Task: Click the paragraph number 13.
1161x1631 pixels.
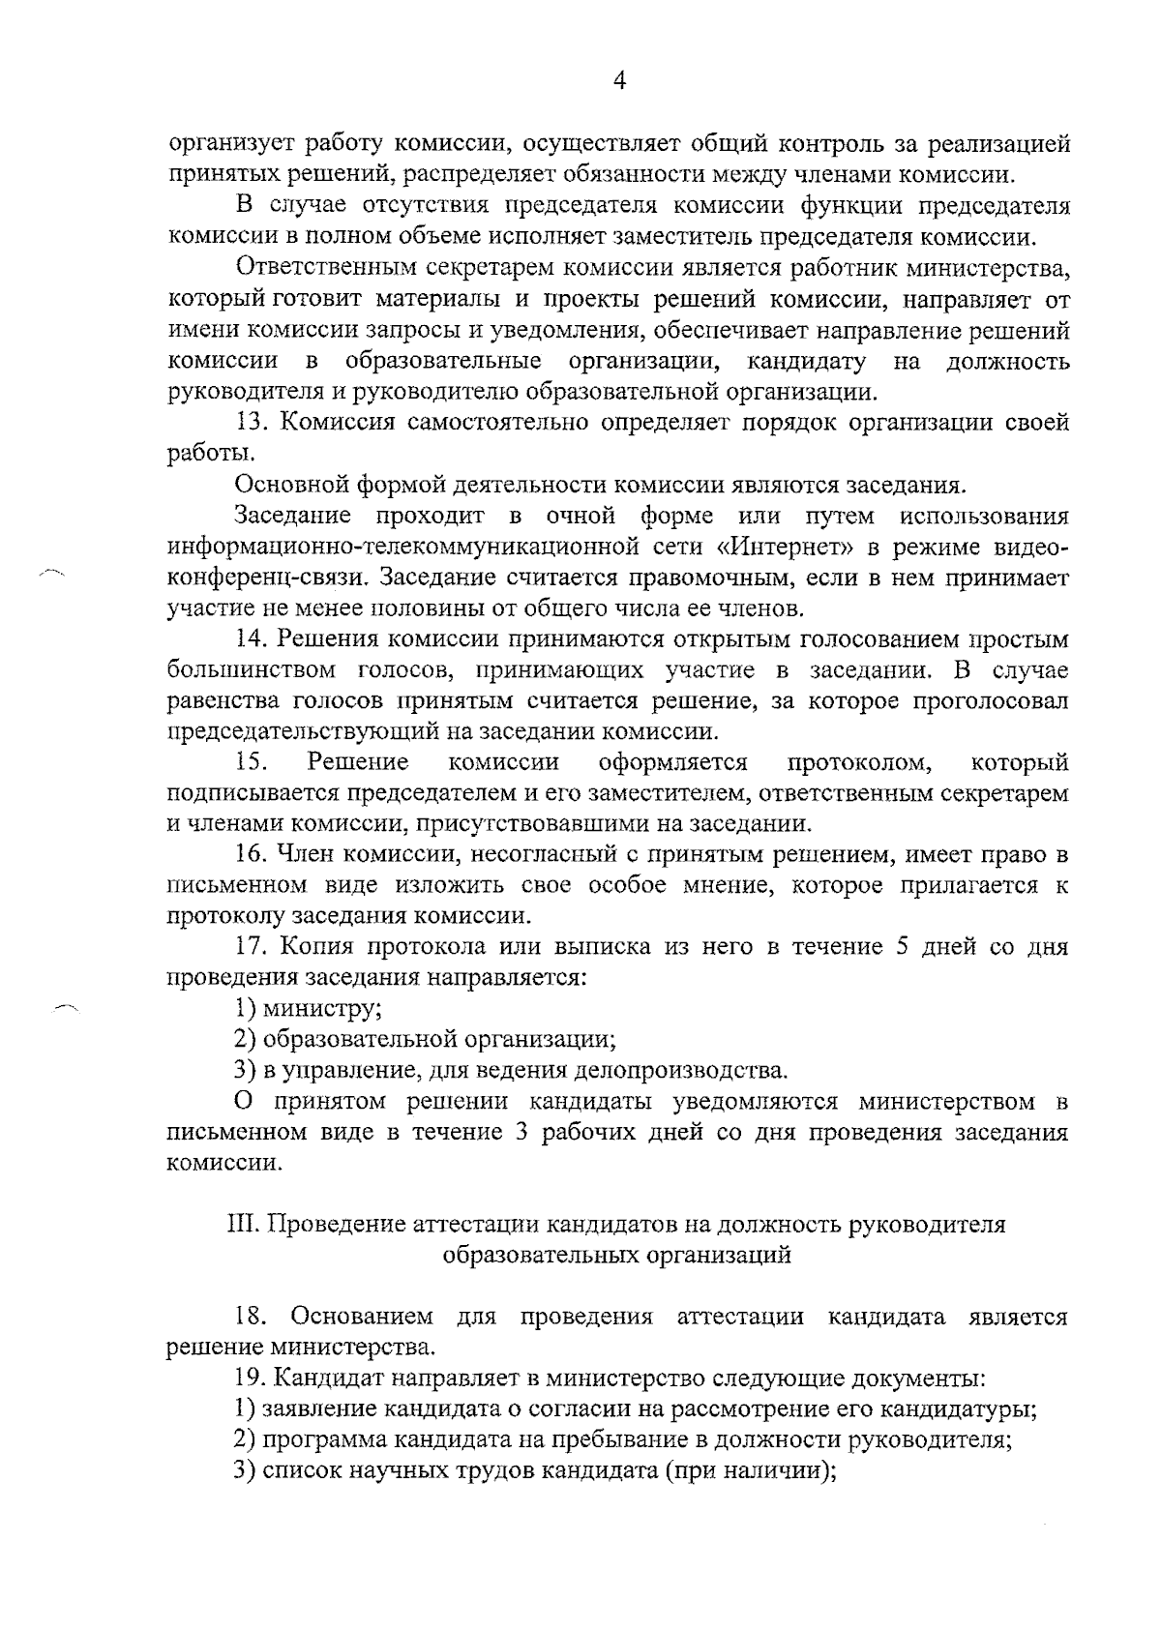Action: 251,423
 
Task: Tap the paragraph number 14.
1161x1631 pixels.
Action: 251,639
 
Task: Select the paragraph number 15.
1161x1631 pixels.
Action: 251,763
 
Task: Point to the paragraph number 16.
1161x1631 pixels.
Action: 251,855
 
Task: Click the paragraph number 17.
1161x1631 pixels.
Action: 251,947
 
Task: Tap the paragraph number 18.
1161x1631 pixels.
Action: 253,1317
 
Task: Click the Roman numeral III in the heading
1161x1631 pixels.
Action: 242,1225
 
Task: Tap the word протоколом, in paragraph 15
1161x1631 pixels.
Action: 860,763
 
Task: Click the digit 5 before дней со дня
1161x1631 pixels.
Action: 902,947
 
